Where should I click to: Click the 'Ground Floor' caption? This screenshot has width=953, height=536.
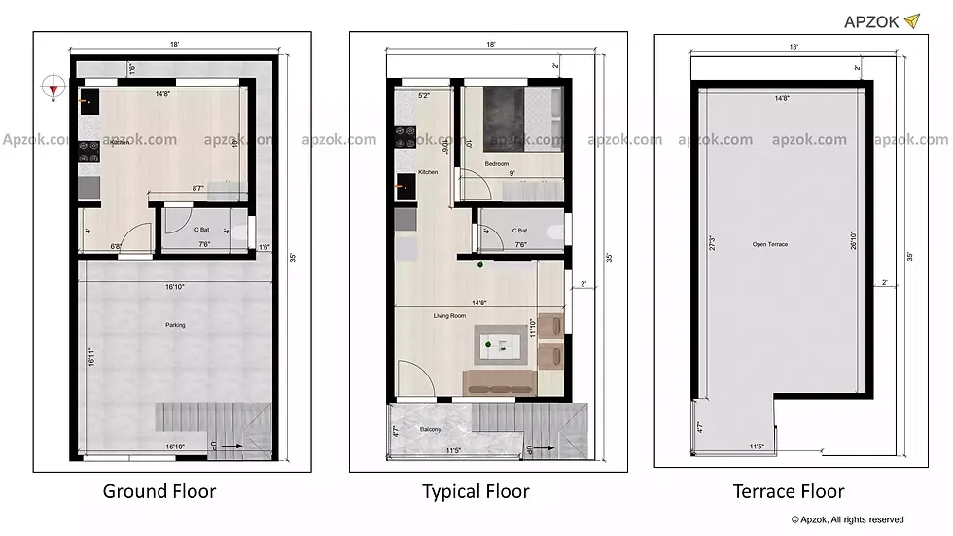coord(159,491)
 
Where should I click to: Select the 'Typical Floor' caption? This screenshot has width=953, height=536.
coord(476,491)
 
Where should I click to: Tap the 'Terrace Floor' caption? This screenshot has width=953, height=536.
coord(789,491)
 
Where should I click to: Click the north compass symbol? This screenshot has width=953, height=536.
coord(53,89)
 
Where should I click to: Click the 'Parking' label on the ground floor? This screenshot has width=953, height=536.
coord(174,325)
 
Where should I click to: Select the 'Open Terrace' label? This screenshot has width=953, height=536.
coord(770,244)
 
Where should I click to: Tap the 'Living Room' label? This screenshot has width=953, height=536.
coord(449,315)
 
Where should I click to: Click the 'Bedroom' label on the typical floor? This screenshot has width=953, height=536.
coord(497,164)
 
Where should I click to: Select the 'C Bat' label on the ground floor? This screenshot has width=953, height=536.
coord(203,230)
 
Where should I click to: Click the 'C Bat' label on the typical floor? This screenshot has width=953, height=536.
coord(520,231)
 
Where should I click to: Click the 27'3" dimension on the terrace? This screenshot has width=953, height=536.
coord(713,243)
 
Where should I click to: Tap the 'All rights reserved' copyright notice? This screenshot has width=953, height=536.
coord(847,519)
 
